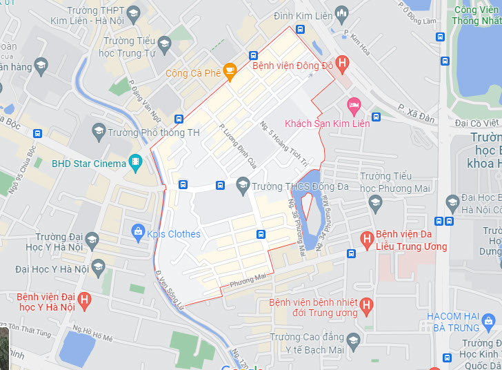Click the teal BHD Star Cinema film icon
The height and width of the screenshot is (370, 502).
click(136, 163)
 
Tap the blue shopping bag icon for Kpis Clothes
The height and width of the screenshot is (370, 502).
click(138, 231)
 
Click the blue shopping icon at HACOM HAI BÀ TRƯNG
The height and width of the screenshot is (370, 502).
click(489, 320)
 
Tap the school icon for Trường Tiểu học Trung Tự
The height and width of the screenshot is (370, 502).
click(164, 46)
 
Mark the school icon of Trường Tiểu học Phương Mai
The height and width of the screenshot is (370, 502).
click(375, 202)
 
